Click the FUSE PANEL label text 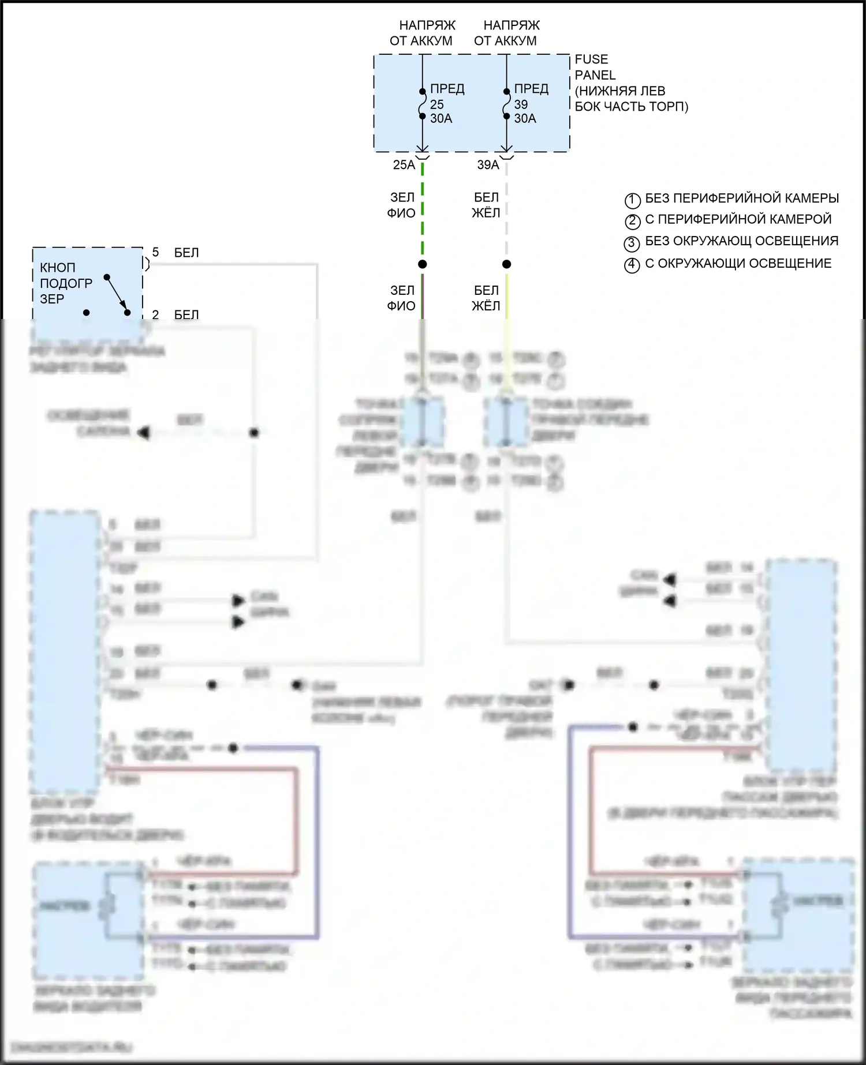pos(595,67)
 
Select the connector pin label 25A pos(404,165)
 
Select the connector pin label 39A pos(488,165)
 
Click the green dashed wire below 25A pos(423,208)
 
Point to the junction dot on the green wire pos(423,264)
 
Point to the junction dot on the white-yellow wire pos(506,264)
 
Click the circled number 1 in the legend pos(632,200)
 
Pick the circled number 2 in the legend pos(632,221)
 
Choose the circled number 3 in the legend pos(632,243)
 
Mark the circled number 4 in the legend pos(632,265)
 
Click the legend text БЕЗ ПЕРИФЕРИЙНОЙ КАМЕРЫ pos(741,198)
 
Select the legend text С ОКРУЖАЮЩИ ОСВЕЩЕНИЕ pos(738,264)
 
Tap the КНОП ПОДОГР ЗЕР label pos(65,283)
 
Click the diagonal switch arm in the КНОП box pos(117,294)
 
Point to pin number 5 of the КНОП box pos(155,252)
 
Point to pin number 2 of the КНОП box pos(155,314)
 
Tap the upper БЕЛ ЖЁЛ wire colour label pos(486,205)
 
